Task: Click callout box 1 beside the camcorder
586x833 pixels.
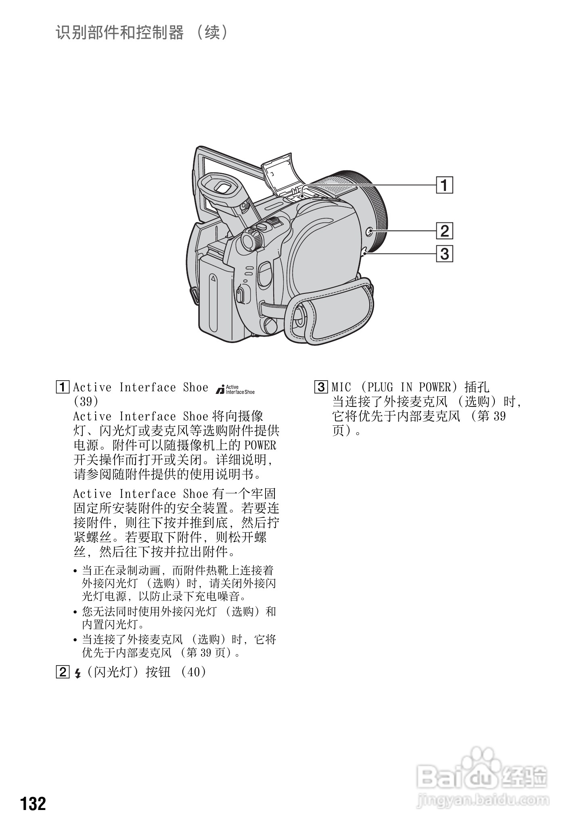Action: [x=444, y=185]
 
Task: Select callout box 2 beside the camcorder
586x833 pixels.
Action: [x=444, y=231]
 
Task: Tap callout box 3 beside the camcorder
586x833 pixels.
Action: [x=444, y=254]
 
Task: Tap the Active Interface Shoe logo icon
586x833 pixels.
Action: [x=235, y=389]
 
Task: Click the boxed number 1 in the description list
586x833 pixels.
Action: [x=63, y=387]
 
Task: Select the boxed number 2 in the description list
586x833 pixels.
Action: [x=63, y=672]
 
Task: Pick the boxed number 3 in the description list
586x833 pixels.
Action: [x=321, y=387]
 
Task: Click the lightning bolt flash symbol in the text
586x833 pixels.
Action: [x=78, y=673]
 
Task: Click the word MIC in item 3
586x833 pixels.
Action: [x=341, y=387]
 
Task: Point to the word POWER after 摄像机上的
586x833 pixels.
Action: [x=260, y=446]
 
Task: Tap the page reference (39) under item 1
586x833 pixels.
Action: [x=86, y=402]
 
